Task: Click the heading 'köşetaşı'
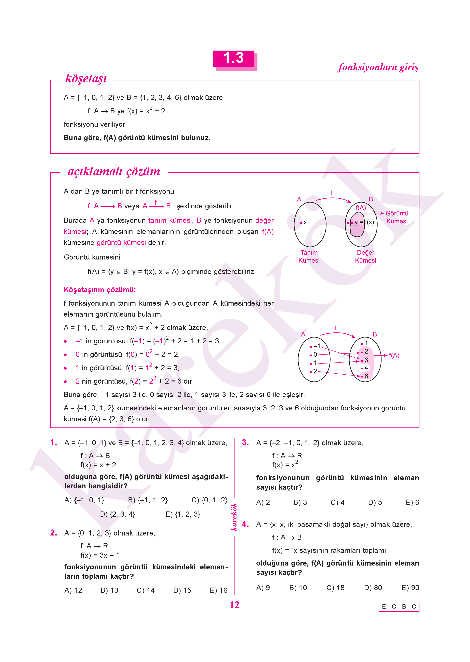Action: pos(86,78)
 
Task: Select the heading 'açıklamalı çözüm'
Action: pos(114,171)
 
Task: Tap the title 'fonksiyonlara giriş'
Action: pos(378,67)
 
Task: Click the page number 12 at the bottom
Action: pos(234,605)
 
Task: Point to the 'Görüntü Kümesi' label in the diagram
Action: pos(397,217)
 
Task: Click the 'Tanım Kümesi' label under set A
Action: pos(309,256)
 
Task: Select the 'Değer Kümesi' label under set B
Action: pos(365,256)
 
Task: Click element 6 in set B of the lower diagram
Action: pos(366,376)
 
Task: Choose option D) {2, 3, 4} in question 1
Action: pos(118,514)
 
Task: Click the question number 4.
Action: pos(245,524)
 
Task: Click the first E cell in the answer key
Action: pos(384,606)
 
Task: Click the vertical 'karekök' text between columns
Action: pos(234,517)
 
